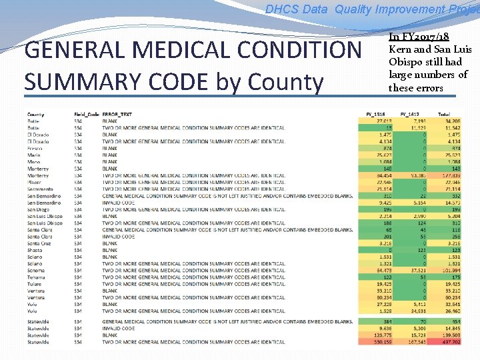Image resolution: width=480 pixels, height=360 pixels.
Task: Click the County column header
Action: point(36,114)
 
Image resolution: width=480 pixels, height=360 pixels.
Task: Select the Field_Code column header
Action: point(87,114)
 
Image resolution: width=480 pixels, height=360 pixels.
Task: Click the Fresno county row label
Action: point(35,148)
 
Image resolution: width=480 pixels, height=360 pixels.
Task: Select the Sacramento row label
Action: point(39,189)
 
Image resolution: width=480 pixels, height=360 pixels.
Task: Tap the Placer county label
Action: point(35,182)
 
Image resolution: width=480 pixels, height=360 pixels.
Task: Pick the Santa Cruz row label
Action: point(40,243)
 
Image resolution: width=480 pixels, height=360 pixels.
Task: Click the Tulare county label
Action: point(35,284)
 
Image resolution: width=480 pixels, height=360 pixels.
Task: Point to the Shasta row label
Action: point(35,250)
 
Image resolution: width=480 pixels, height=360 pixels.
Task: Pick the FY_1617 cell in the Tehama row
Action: point(420,277)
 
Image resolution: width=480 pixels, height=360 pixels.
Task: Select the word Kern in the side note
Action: point(400,49)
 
